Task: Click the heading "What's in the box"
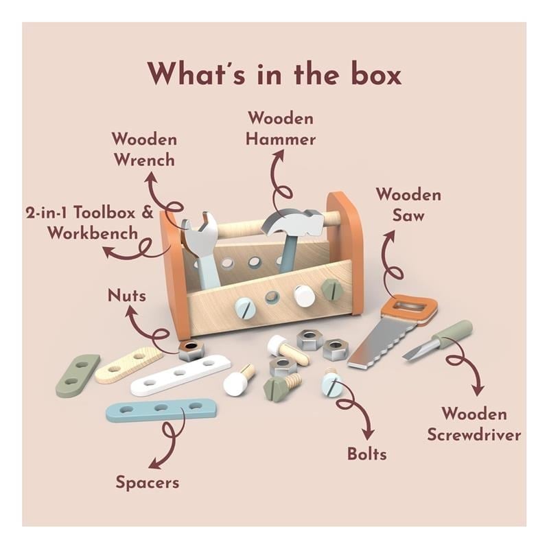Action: [x=274, y=73]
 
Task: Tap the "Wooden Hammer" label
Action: [x=281, y=128]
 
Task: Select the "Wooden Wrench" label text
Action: [x=144, y=150]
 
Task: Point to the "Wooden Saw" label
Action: [x=408, y=205]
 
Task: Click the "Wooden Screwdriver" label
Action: [x=474, y=424]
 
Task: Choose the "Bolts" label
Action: [x=367, y=454]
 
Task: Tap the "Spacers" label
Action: [x=148, y=482]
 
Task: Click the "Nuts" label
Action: [x=127, y=296]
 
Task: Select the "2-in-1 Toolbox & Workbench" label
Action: [x=90, y=222]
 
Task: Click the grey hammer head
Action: [x=294, y=221]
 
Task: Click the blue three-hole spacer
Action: [x=161, y=409]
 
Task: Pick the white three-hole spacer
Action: [x=180, y=374]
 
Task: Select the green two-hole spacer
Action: [x=78, y=375]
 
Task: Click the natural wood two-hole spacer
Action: [x=128, y=364]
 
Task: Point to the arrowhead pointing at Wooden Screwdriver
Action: [x=478, y=390]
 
